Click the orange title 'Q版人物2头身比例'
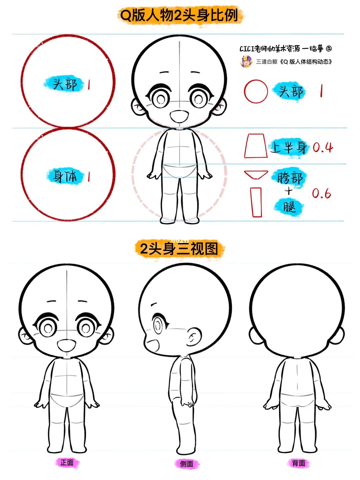click(x=179, y=16)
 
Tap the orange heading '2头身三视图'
click(x=179, y=249)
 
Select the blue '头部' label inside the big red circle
click(x=65, y=84)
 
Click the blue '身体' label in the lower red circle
click(x=65, y=176)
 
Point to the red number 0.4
click(x=323, y=148)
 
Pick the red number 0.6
click(x=321, y=194)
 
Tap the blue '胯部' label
click(x=290, y=178)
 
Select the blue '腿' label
click(x=289, y=207)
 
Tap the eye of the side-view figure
click(x=158, y=325)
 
